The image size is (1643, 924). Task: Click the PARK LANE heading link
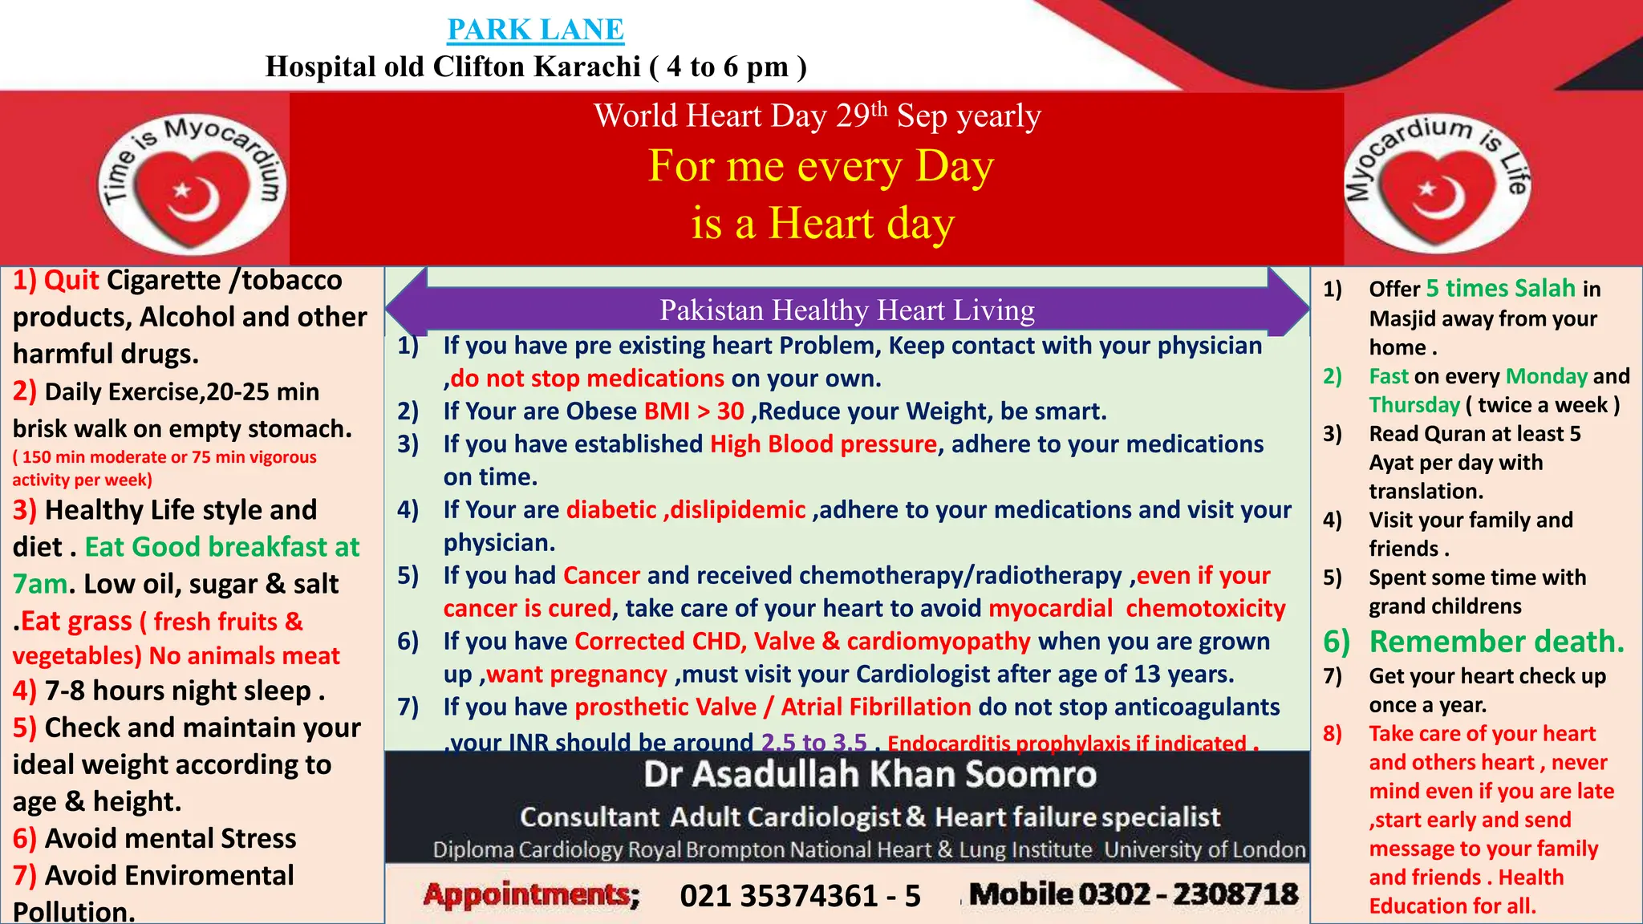[x=535, y=30]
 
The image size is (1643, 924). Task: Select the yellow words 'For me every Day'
[x=821, y=166]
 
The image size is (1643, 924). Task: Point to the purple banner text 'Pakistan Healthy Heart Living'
[x=847, y=310]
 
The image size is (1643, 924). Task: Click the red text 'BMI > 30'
[x=694, y=411]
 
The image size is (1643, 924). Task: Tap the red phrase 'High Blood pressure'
[x=823, y=444]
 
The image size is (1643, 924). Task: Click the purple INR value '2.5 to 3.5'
[x=813, y=743]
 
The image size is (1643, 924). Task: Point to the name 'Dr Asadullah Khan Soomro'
[x=870, y=775]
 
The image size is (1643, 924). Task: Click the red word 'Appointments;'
[x=531, y=894]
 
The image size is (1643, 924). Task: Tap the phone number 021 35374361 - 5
[x=800, y=896]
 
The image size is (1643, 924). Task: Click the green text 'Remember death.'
[x=1496, y=642]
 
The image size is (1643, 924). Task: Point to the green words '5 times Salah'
[x=1500, y=289]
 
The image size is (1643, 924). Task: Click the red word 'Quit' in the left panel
[x=71, y=281]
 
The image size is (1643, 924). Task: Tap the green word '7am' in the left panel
[x=40, y=584]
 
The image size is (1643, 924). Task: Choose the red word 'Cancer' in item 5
[x=602, y=576]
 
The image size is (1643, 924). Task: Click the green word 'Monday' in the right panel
[x=1546, y=376]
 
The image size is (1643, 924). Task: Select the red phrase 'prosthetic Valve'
[x=665, y=707]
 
